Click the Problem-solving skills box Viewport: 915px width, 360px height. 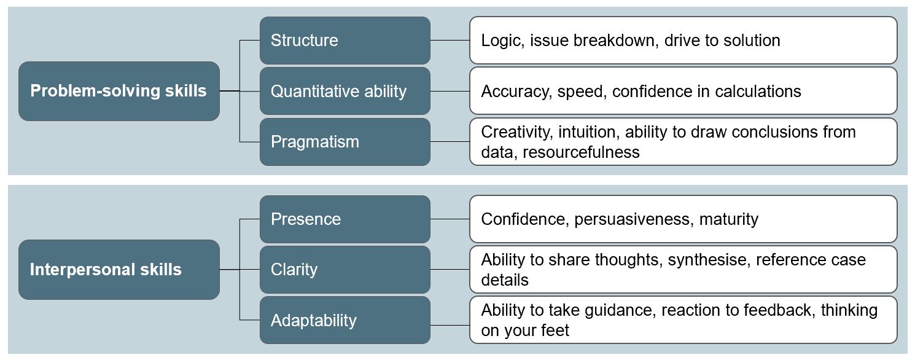(x=119, y=91)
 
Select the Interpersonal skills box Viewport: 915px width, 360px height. (x=119, y=270)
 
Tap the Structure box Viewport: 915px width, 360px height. (x=345, y=41)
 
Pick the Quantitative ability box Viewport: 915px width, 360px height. (x=345, y=91)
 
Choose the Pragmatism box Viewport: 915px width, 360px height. (x=345, y=142)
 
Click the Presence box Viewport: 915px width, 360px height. (x=345, y=219)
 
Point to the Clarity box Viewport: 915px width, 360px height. (x=345, y=270)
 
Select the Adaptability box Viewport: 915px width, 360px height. (x=345, y=320)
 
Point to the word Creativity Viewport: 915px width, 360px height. (x=517, y=133)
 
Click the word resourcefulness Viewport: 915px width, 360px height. (x=581, y=152)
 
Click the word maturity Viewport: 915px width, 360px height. (x=729, y=220)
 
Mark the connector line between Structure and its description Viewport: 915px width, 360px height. (x=450, y=41)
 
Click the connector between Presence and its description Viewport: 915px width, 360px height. (x=450, y=219)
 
